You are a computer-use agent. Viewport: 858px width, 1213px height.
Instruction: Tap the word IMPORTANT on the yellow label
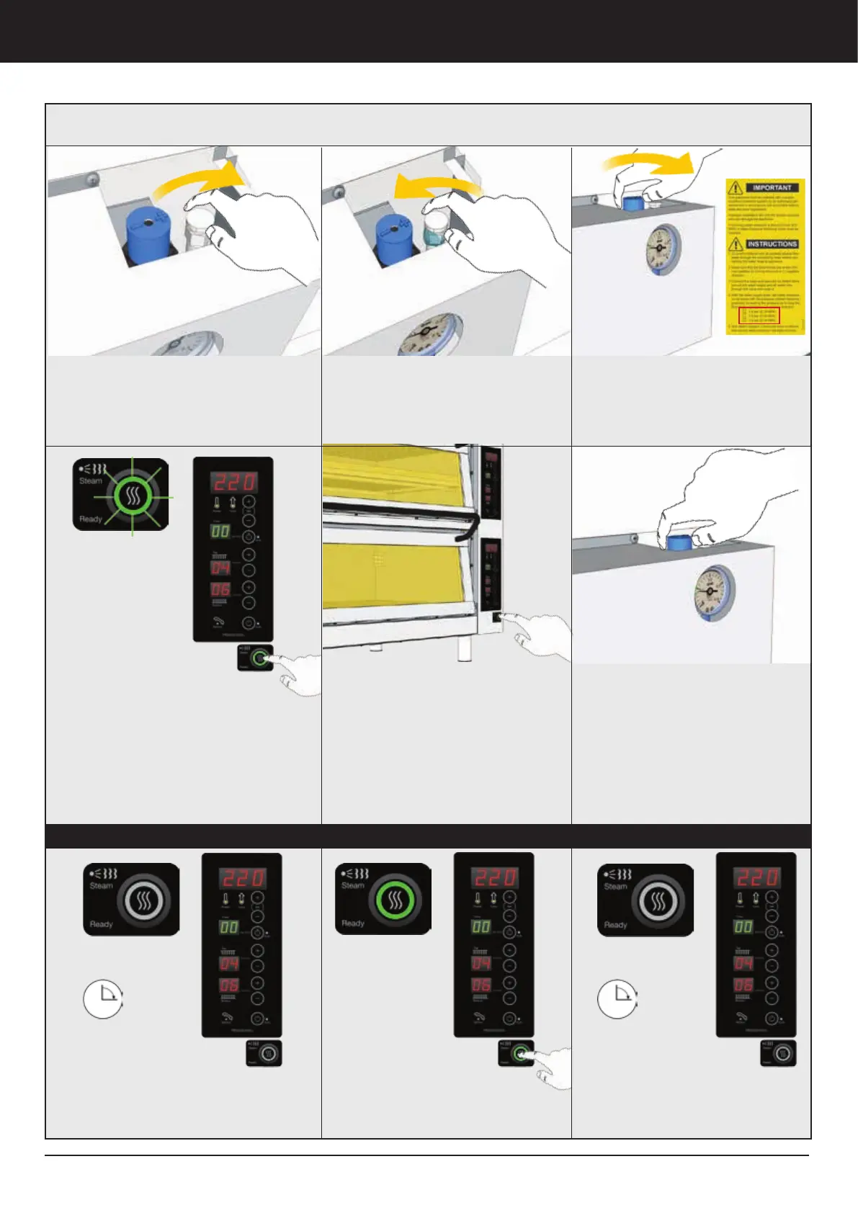tap(772, 187)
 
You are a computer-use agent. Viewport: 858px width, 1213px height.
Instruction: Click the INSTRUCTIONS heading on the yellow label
tap(772, 244)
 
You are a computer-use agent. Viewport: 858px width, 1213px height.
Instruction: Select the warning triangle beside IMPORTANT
tap(736, 188)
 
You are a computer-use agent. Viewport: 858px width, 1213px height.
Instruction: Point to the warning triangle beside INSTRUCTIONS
tap(736, 245)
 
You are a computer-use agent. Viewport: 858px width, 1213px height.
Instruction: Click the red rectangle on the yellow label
tap(759, 315)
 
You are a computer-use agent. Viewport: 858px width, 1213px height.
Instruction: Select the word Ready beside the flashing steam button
tap(91, 519)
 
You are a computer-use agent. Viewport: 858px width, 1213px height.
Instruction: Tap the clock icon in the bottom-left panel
tap(103, 998)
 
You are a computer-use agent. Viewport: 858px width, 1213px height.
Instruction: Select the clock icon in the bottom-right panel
tap(617, 998)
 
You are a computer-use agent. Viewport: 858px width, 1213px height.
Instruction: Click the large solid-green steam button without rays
tap(395, 900)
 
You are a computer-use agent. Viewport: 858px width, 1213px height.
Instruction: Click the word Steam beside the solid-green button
tap(353, 885)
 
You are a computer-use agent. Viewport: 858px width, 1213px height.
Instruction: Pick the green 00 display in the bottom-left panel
tap(229, 927)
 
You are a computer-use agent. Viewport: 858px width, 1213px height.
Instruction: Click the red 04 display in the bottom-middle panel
tap(481, 963)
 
